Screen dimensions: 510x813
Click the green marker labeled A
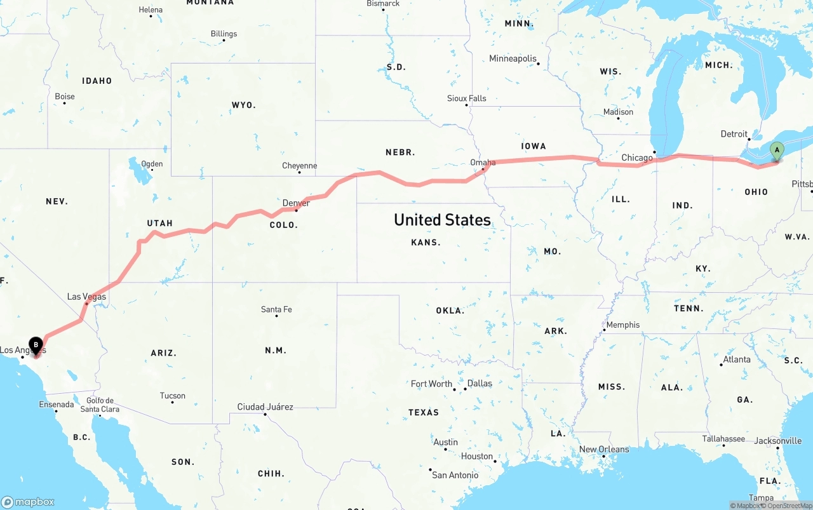tap(776, 151)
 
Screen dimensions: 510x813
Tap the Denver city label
tap(296, 203)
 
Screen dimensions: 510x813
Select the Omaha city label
tap(483, 163)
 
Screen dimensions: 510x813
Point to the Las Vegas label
tap(86, 297)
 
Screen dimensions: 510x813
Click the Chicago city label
tap(636, 158)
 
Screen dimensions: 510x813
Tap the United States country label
tap(442, 220)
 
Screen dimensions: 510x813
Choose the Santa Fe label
tap(276, 309)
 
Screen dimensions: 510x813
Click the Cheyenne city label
tap(299, 166)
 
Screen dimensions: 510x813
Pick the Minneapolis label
tap(513, 58)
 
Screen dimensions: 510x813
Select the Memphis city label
tap(623, 325)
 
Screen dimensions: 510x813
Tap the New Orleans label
tap(603, 449)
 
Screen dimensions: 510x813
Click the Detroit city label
tap(734, 134)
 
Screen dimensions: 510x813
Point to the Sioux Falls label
tap(466, 98)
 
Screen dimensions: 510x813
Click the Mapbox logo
tap(28, 502)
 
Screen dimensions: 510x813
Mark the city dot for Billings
tap(224, 41)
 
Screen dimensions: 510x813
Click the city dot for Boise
tap(64, 104)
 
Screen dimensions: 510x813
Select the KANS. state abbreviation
tap(426, 242)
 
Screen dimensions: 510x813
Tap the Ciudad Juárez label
tap(265, 406)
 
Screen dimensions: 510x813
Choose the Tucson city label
tap(172, 396)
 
